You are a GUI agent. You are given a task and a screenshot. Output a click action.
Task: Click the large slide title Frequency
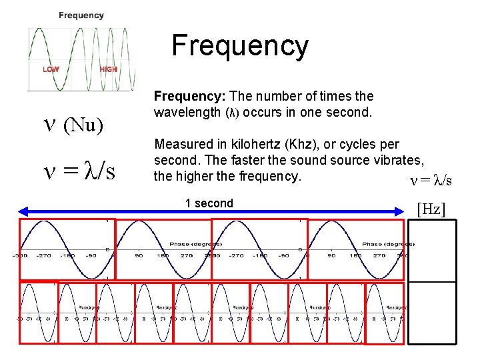[240, 46]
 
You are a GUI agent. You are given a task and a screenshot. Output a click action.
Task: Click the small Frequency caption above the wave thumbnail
[81, 15]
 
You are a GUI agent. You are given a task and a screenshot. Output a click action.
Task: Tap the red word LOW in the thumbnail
[51, 69]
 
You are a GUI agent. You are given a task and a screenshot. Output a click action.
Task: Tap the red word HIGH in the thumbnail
[109, 69]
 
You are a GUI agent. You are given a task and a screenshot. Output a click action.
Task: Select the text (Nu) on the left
[83, 125]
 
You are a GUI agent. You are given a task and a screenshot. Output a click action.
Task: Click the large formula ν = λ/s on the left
[79, 171]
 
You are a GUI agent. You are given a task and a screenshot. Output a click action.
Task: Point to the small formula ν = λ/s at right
[431, 181]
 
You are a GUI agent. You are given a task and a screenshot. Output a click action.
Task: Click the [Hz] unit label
[431, 209]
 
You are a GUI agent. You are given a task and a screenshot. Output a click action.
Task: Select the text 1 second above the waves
[209, 203]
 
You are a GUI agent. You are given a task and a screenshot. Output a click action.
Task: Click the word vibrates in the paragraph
[399, 160]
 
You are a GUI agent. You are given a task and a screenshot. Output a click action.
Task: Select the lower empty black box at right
[432, 312]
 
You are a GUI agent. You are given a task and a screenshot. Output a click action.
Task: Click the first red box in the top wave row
[67, 249]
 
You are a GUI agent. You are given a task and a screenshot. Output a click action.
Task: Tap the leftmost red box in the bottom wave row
[38, 312]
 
